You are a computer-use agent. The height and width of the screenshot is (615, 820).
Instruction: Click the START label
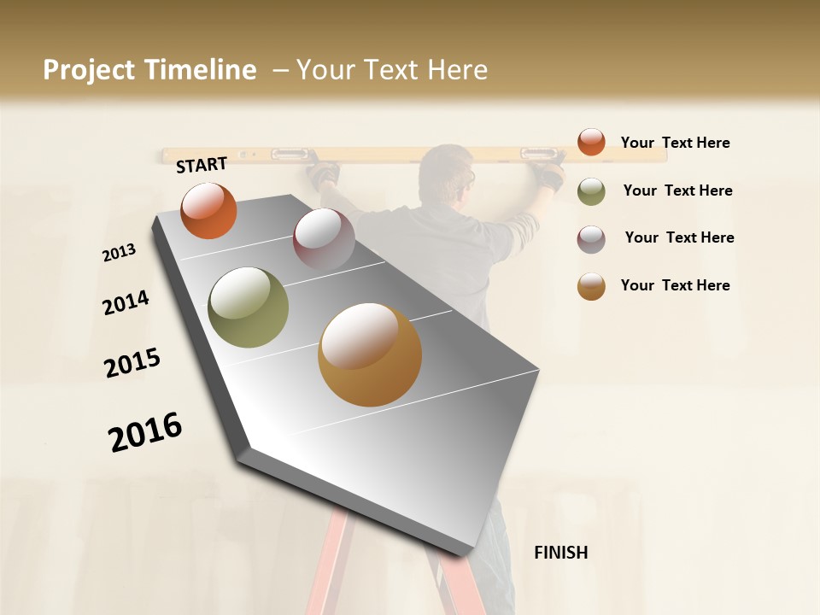202,165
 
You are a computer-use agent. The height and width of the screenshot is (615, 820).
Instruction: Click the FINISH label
560,553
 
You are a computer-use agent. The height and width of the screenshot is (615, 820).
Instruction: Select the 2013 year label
120,252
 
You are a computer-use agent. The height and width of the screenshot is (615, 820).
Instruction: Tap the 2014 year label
126,302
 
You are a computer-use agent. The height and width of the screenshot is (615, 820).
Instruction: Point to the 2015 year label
132,363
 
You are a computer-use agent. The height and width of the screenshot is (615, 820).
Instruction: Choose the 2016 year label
145,432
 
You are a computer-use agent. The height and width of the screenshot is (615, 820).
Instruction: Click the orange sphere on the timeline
208,210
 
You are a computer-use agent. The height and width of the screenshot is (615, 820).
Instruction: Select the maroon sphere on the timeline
324,238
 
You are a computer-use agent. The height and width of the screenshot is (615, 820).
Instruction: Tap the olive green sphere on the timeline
249,307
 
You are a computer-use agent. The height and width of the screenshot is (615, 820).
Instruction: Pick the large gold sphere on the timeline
370,354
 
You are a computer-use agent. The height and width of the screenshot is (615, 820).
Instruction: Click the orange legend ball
591,142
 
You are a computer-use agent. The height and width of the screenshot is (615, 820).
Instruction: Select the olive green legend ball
591,191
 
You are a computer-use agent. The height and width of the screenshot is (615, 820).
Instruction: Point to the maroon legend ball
591,239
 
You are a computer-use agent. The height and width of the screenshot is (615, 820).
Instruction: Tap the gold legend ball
591,287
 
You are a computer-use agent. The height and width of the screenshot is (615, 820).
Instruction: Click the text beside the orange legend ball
675,143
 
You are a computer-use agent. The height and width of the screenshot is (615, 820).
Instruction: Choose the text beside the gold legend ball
675,285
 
